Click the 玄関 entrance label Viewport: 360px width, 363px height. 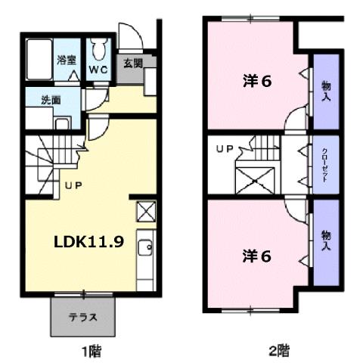(133, 64)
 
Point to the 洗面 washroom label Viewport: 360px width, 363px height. (51, 100)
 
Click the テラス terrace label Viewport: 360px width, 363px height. (83, 317)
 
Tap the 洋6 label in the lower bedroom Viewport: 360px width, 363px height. (256, 255)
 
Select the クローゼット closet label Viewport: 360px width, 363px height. (325, 164)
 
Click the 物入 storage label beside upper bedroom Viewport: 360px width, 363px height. (326, 92)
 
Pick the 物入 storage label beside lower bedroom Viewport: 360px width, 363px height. (326, 241)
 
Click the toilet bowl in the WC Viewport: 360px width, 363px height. (98, 51)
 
